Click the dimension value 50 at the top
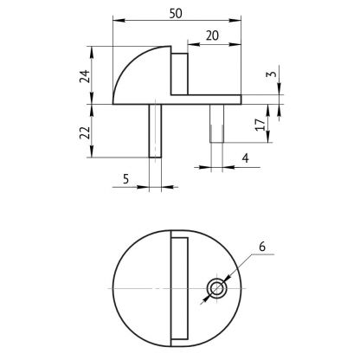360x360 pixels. [x=176, y=14]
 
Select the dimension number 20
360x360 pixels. [x=212, y=35]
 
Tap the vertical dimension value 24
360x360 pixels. [x=85, y=76]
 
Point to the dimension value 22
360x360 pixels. [x=85, y=133]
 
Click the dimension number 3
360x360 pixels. [x=271, y=74]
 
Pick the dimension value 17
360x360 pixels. [x=260, y=125]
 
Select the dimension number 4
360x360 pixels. [x=245, y=158]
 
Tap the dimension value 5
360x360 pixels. [x=125, y=179]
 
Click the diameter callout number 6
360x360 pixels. [x=262, y=247]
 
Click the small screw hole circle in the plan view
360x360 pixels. [x=216, y=288]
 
